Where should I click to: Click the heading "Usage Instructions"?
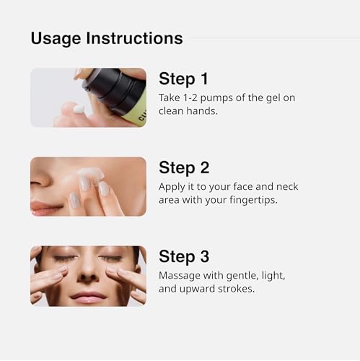tap(106, 38)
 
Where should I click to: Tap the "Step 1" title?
tap(183, 79)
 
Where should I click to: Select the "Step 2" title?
tap(183, 168)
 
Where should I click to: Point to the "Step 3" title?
tap(183, 256)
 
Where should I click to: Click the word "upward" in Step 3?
tap(201, 290)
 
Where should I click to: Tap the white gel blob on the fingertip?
tap(79, 109)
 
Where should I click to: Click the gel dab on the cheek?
tap(89, 174)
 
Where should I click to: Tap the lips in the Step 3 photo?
tap(88, 296)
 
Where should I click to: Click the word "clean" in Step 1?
tap(175, 111)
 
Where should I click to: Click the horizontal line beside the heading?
tap(274, 38)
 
